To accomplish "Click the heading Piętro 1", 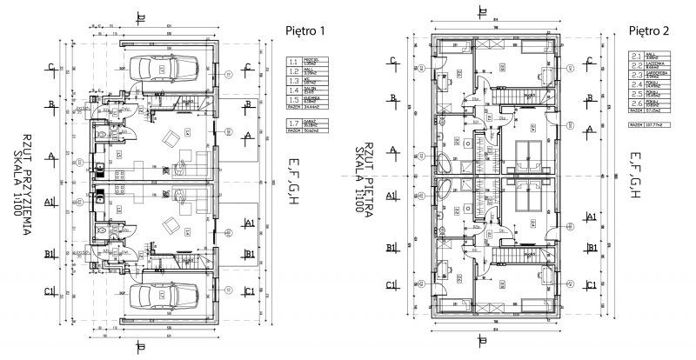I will coord(305,30).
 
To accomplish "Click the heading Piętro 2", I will coord(647,30).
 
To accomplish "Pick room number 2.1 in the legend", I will coord(636,57).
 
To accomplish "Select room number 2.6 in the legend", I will coord(636,103).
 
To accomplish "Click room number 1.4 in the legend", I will coord(294,90).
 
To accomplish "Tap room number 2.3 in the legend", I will coord(636,76).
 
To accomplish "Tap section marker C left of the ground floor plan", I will coord(51,68).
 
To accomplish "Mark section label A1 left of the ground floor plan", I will coord(51,204).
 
